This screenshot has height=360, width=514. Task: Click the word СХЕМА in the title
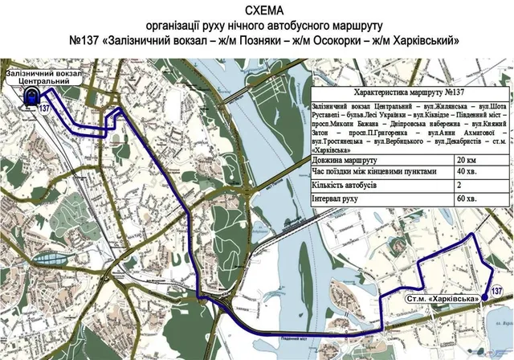click(256, 10)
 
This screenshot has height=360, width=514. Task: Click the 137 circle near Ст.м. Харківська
click(496, 290)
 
